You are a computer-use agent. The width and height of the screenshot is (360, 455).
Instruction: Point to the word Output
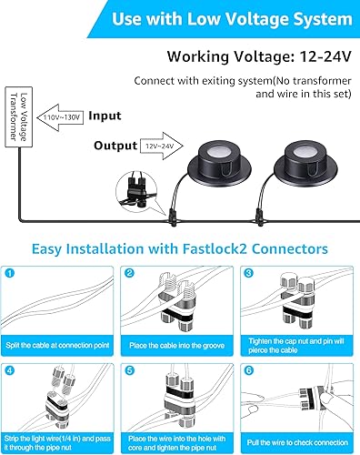(116, 145)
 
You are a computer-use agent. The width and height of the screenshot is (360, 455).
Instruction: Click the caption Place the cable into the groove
(179, 346)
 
